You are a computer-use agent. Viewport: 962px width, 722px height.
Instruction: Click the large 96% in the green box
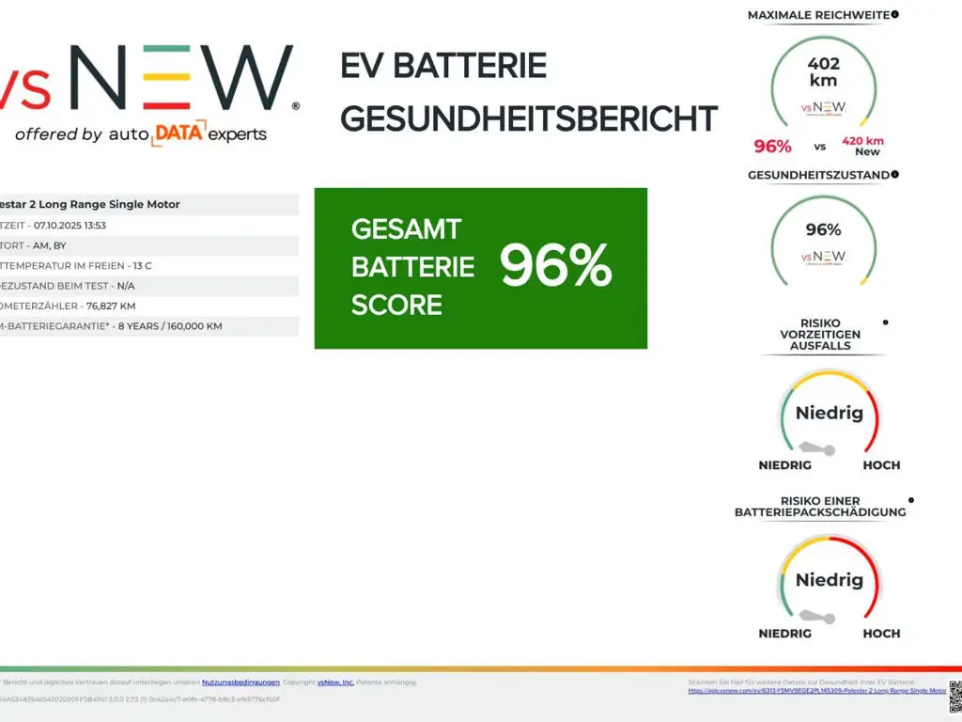(556, 267)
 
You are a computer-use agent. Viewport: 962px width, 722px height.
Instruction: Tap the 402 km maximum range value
(823, 71)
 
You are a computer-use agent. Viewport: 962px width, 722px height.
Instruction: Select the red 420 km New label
(863, 146)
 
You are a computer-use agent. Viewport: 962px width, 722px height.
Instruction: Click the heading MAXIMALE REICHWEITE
(817, 15)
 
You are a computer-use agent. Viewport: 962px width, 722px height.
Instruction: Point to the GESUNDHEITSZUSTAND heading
(817, 175)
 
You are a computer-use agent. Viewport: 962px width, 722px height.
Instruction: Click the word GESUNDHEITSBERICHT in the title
(529, 119)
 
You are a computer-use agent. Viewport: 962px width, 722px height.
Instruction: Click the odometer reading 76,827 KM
(111, 306)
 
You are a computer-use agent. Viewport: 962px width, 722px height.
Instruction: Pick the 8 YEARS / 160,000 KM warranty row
(169, 326)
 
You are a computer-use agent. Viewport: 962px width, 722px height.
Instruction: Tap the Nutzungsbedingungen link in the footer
(240, 682)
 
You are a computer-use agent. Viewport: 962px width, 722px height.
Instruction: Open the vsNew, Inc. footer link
(335, 682)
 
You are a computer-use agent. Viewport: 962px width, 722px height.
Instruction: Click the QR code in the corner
(954, 696)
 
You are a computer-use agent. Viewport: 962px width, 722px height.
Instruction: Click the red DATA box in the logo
(178, 134)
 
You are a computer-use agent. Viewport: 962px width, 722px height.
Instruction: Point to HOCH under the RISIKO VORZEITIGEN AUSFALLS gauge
(881, 465)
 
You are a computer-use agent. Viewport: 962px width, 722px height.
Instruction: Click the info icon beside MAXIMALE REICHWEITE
(895, 14)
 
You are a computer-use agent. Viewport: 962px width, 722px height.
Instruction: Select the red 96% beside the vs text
(772, 146)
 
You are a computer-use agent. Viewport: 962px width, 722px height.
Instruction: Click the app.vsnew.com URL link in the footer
(816, 690)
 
